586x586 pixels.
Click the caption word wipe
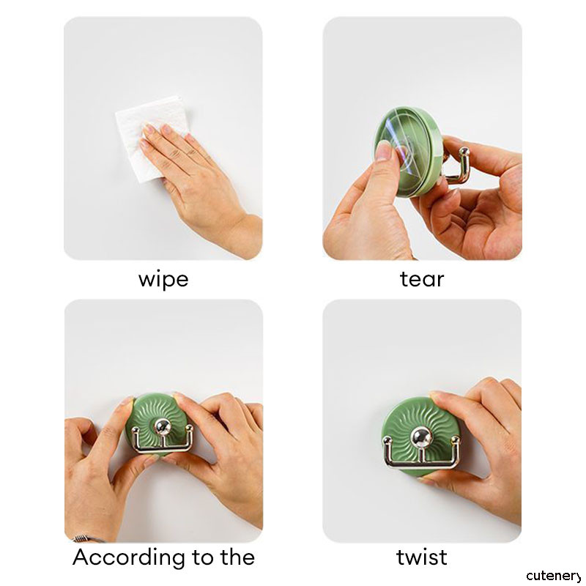(x=163, y=280)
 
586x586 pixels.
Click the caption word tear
(x=422, y=279)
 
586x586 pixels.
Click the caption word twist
(x=422, y=557)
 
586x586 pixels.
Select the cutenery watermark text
(x=555, y=576)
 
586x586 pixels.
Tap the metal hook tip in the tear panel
(x=464, y=152)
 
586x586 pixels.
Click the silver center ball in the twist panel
(x=421, y=436)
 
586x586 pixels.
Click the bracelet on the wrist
(x=88, y=538)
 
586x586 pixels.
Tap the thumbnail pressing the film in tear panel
(x=383, y=150)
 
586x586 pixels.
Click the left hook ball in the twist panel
(x=387, y=441)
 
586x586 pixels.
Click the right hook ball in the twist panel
(x=455, y=440)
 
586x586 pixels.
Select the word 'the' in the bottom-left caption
(x=237, y=557)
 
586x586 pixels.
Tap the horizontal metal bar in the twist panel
(x=423, y=464)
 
